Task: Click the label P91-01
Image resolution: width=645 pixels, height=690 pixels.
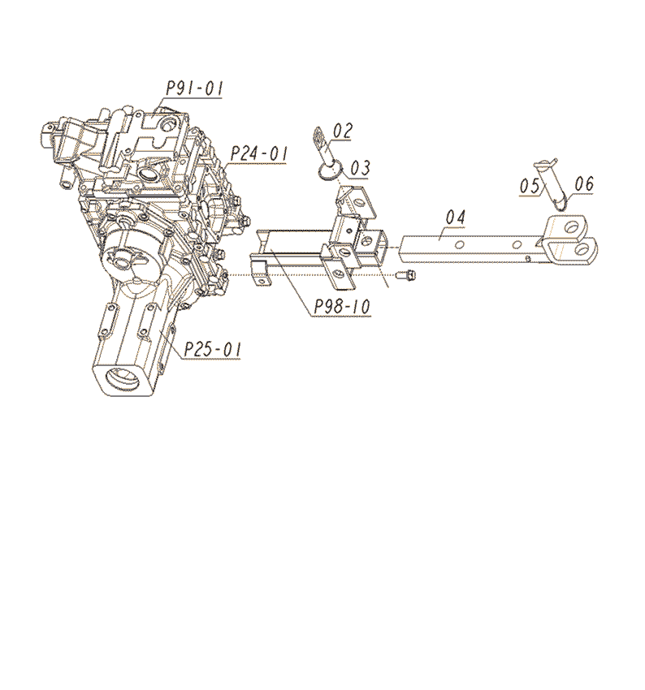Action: pos(194,88)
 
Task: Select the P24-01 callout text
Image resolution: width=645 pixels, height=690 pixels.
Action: pos(259,154)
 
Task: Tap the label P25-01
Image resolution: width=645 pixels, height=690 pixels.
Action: pos(213,350)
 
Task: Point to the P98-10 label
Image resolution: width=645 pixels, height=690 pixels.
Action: pos(342,306)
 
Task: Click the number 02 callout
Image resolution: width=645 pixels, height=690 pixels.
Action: pos(343,131)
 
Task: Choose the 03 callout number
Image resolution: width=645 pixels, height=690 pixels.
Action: pos(360,168)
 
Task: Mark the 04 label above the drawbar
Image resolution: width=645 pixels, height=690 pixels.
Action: pos(455,218)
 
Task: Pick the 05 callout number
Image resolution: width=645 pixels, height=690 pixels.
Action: pos(529,186)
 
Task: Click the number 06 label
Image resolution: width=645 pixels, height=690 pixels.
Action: pos(584,183)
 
